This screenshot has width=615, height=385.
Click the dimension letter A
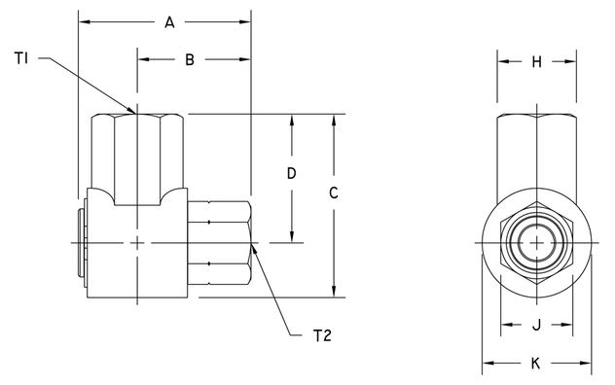[x=168, y=21]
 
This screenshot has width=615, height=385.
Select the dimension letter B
[x=191, y=59]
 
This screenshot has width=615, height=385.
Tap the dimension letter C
[x=333, y=193]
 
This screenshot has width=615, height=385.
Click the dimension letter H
[x=536, y=62]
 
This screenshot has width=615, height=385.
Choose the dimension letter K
[x=536, y=364]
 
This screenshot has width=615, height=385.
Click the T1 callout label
[x=24, y=59]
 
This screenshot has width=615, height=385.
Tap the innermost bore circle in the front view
[x=536, y=242]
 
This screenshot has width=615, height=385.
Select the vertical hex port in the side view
[x=138, y=156]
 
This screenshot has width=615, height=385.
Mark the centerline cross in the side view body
[x=138, y=242]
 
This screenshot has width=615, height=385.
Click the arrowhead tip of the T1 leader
[x=137, y=112]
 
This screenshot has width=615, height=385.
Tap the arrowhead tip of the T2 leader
[x=253, y=245]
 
